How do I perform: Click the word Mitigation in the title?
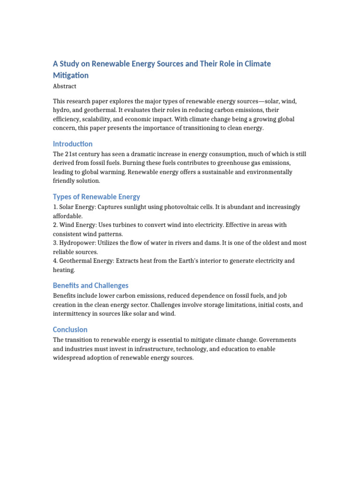[x=71, y=75]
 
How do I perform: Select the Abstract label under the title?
[x=65, y=86]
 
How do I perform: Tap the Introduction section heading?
[x=73, y=144]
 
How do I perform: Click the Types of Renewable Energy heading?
[x=96, y=197]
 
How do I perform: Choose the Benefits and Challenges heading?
[x=90, y=285]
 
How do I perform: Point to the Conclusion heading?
[x=70, y=330]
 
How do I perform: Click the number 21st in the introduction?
[x=72, y=154]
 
